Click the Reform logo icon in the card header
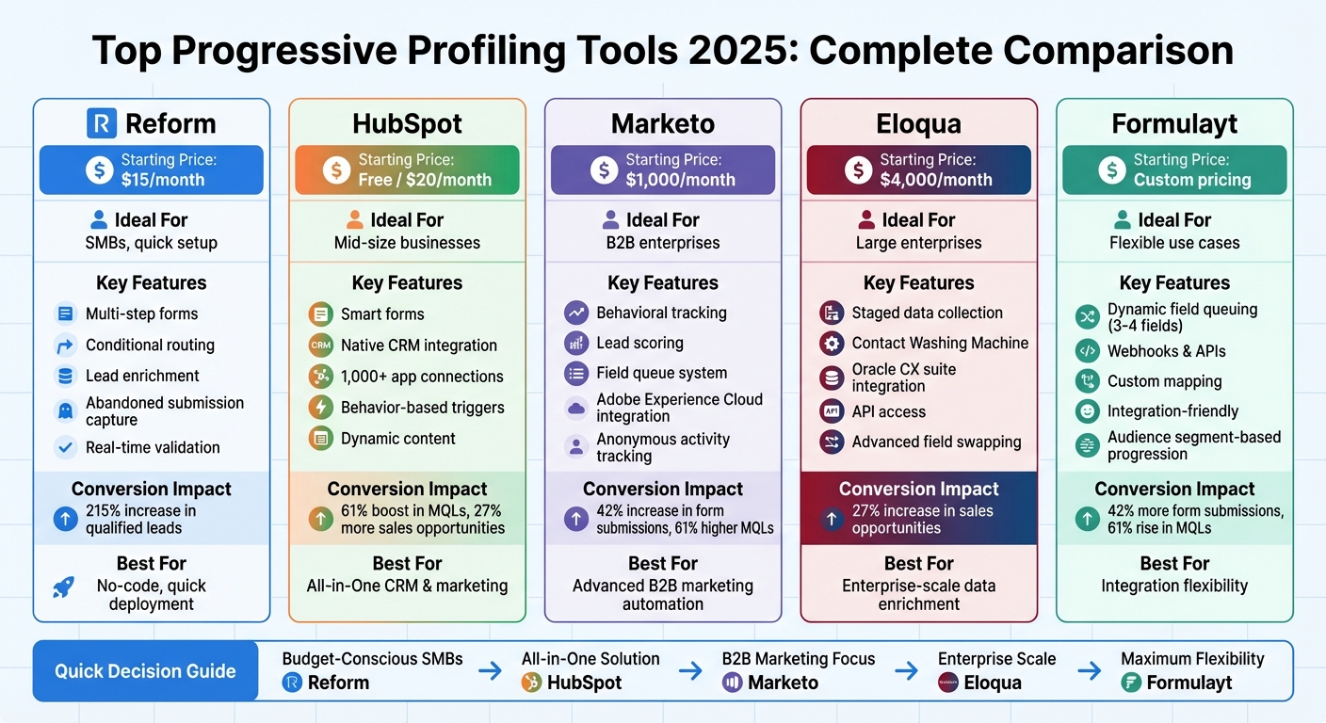pyautogui.click(x=101, y=123)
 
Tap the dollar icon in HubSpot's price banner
pyautogui.click(x=336, y=169)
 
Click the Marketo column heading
pyautogui.click(x=662, y=123)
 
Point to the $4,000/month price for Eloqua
pyautogui.click(x=935, y=180)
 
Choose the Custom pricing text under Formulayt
pyautogui.click(x=1191, y=180)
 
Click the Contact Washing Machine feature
pyautogui.click(x=939, y=344)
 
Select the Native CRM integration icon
pyautogui.click(x=321, y=345)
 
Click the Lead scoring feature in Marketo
pyautogui.click(x=639, y=344)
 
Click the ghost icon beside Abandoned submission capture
pyautogui.click(x=65, y=410)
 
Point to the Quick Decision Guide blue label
pyautogui.click(x=145, y=671)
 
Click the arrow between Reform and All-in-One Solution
pyautogui.click(x=490, y=671)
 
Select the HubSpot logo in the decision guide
pyautogui.click(x=531, y=683)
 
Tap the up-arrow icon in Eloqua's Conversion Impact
pyautogui.click(x=832, y=519)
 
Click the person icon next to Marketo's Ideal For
pyautogui.click(x=609, y=220)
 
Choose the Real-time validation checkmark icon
pyautogui.click(x=65, y=448)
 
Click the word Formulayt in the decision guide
pyautogui.click(x=1189, y=683)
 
